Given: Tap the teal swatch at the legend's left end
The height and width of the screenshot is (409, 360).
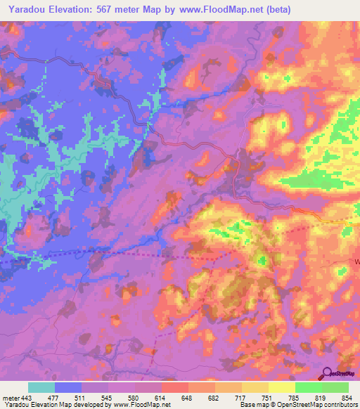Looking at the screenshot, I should click(x=41, y=387).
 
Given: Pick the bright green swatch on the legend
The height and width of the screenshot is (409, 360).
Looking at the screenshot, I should click(x=309, y=387).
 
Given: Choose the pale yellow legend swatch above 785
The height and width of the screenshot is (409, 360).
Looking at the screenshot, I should click(x=282, y=387).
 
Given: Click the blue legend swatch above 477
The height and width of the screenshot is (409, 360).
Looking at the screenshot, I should click(x=68, y=387).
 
